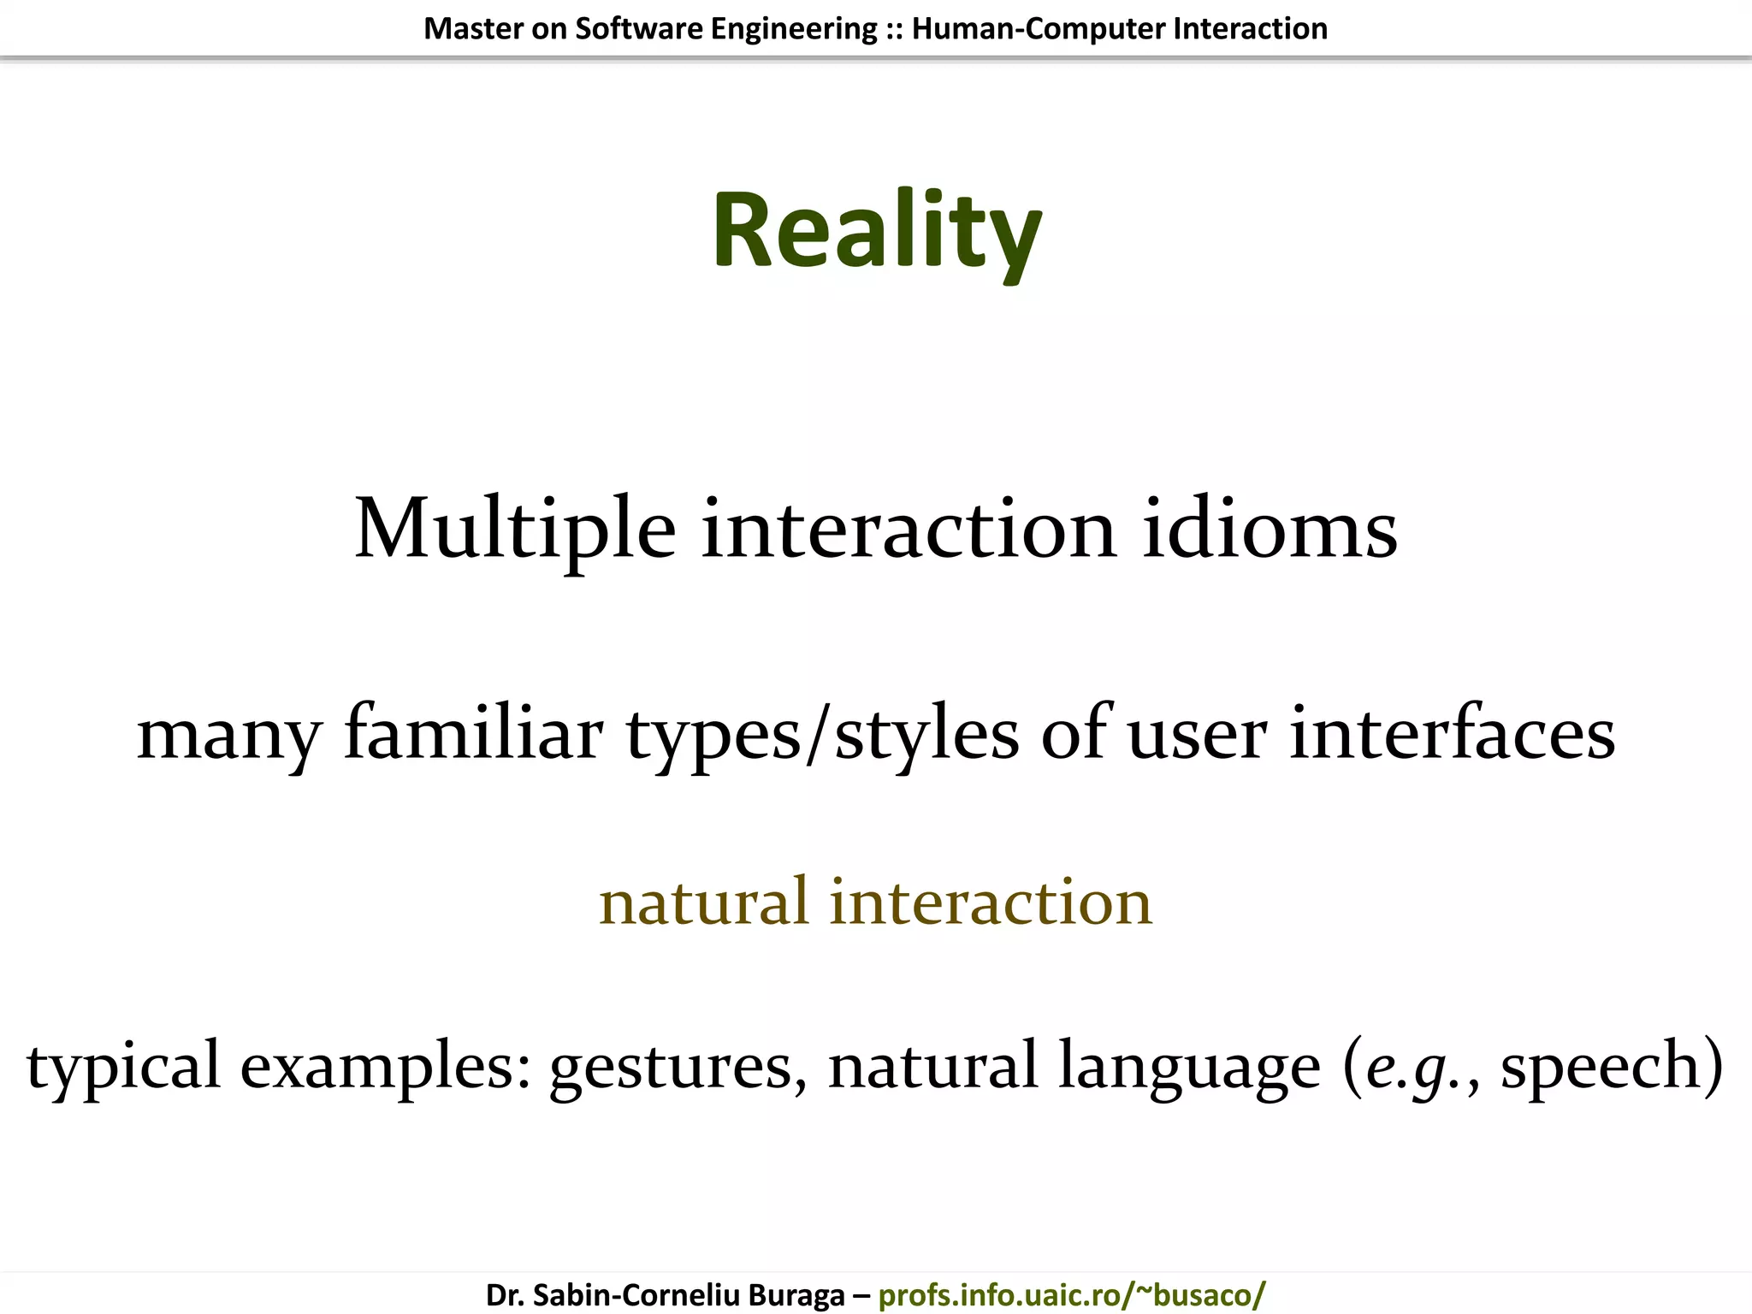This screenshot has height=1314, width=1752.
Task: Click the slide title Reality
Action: pyautogui.click(x=876, y=232)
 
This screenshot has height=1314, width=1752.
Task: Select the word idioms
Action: pyautogui.click(x=1270, y=530)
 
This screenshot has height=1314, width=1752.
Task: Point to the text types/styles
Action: pyautogui.click(x=822, y=735)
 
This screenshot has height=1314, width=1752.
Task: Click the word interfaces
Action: pyautogui.click(x=1452, y=733)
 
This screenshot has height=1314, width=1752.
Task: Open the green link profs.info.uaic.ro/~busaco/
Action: pyautogui.click(x=1072, y=1295)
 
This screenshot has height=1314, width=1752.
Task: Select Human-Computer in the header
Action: pyautogui.click(x=1039, y=29)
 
